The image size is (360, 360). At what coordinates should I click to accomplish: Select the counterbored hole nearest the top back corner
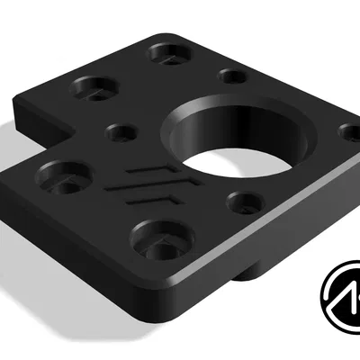pos(166,55)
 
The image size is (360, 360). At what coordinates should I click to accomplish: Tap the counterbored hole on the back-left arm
pos(92,88)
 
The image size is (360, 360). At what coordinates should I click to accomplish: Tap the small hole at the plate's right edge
pos(349,133)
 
